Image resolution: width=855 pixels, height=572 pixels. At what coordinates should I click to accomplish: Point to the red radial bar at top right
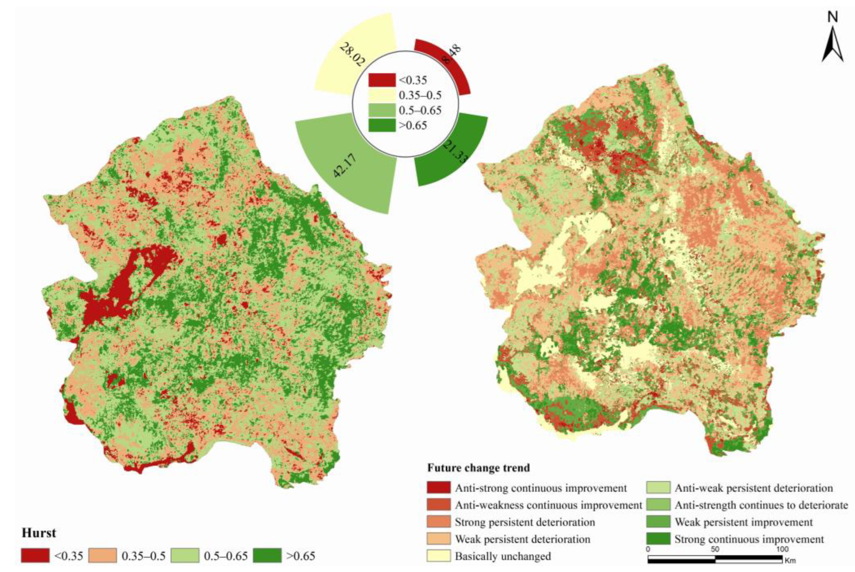click(449, 60)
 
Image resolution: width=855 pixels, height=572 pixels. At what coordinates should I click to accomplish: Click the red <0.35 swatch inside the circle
click(382, 80)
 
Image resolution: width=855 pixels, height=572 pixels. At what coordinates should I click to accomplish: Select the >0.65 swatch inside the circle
click(382, 125)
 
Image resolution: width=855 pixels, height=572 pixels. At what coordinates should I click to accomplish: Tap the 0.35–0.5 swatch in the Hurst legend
click(103, 555)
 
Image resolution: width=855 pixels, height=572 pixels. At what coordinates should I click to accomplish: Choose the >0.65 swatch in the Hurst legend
click(267, 555)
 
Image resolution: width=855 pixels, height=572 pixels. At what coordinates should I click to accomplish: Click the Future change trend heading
click(478, 468)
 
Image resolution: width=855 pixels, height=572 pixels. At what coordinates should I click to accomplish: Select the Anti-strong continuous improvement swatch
click(438, 488)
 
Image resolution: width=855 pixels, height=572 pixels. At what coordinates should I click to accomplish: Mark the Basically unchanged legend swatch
click(438, 556)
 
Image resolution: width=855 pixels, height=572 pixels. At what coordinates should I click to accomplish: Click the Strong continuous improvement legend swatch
click(658, 539)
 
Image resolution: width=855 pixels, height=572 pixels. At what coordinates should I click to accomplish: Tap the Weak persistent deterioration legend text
click(522, 539)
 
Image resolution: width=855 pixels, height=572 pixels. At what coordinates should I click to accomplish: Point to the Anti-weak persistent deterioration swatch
click(658, 488)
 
